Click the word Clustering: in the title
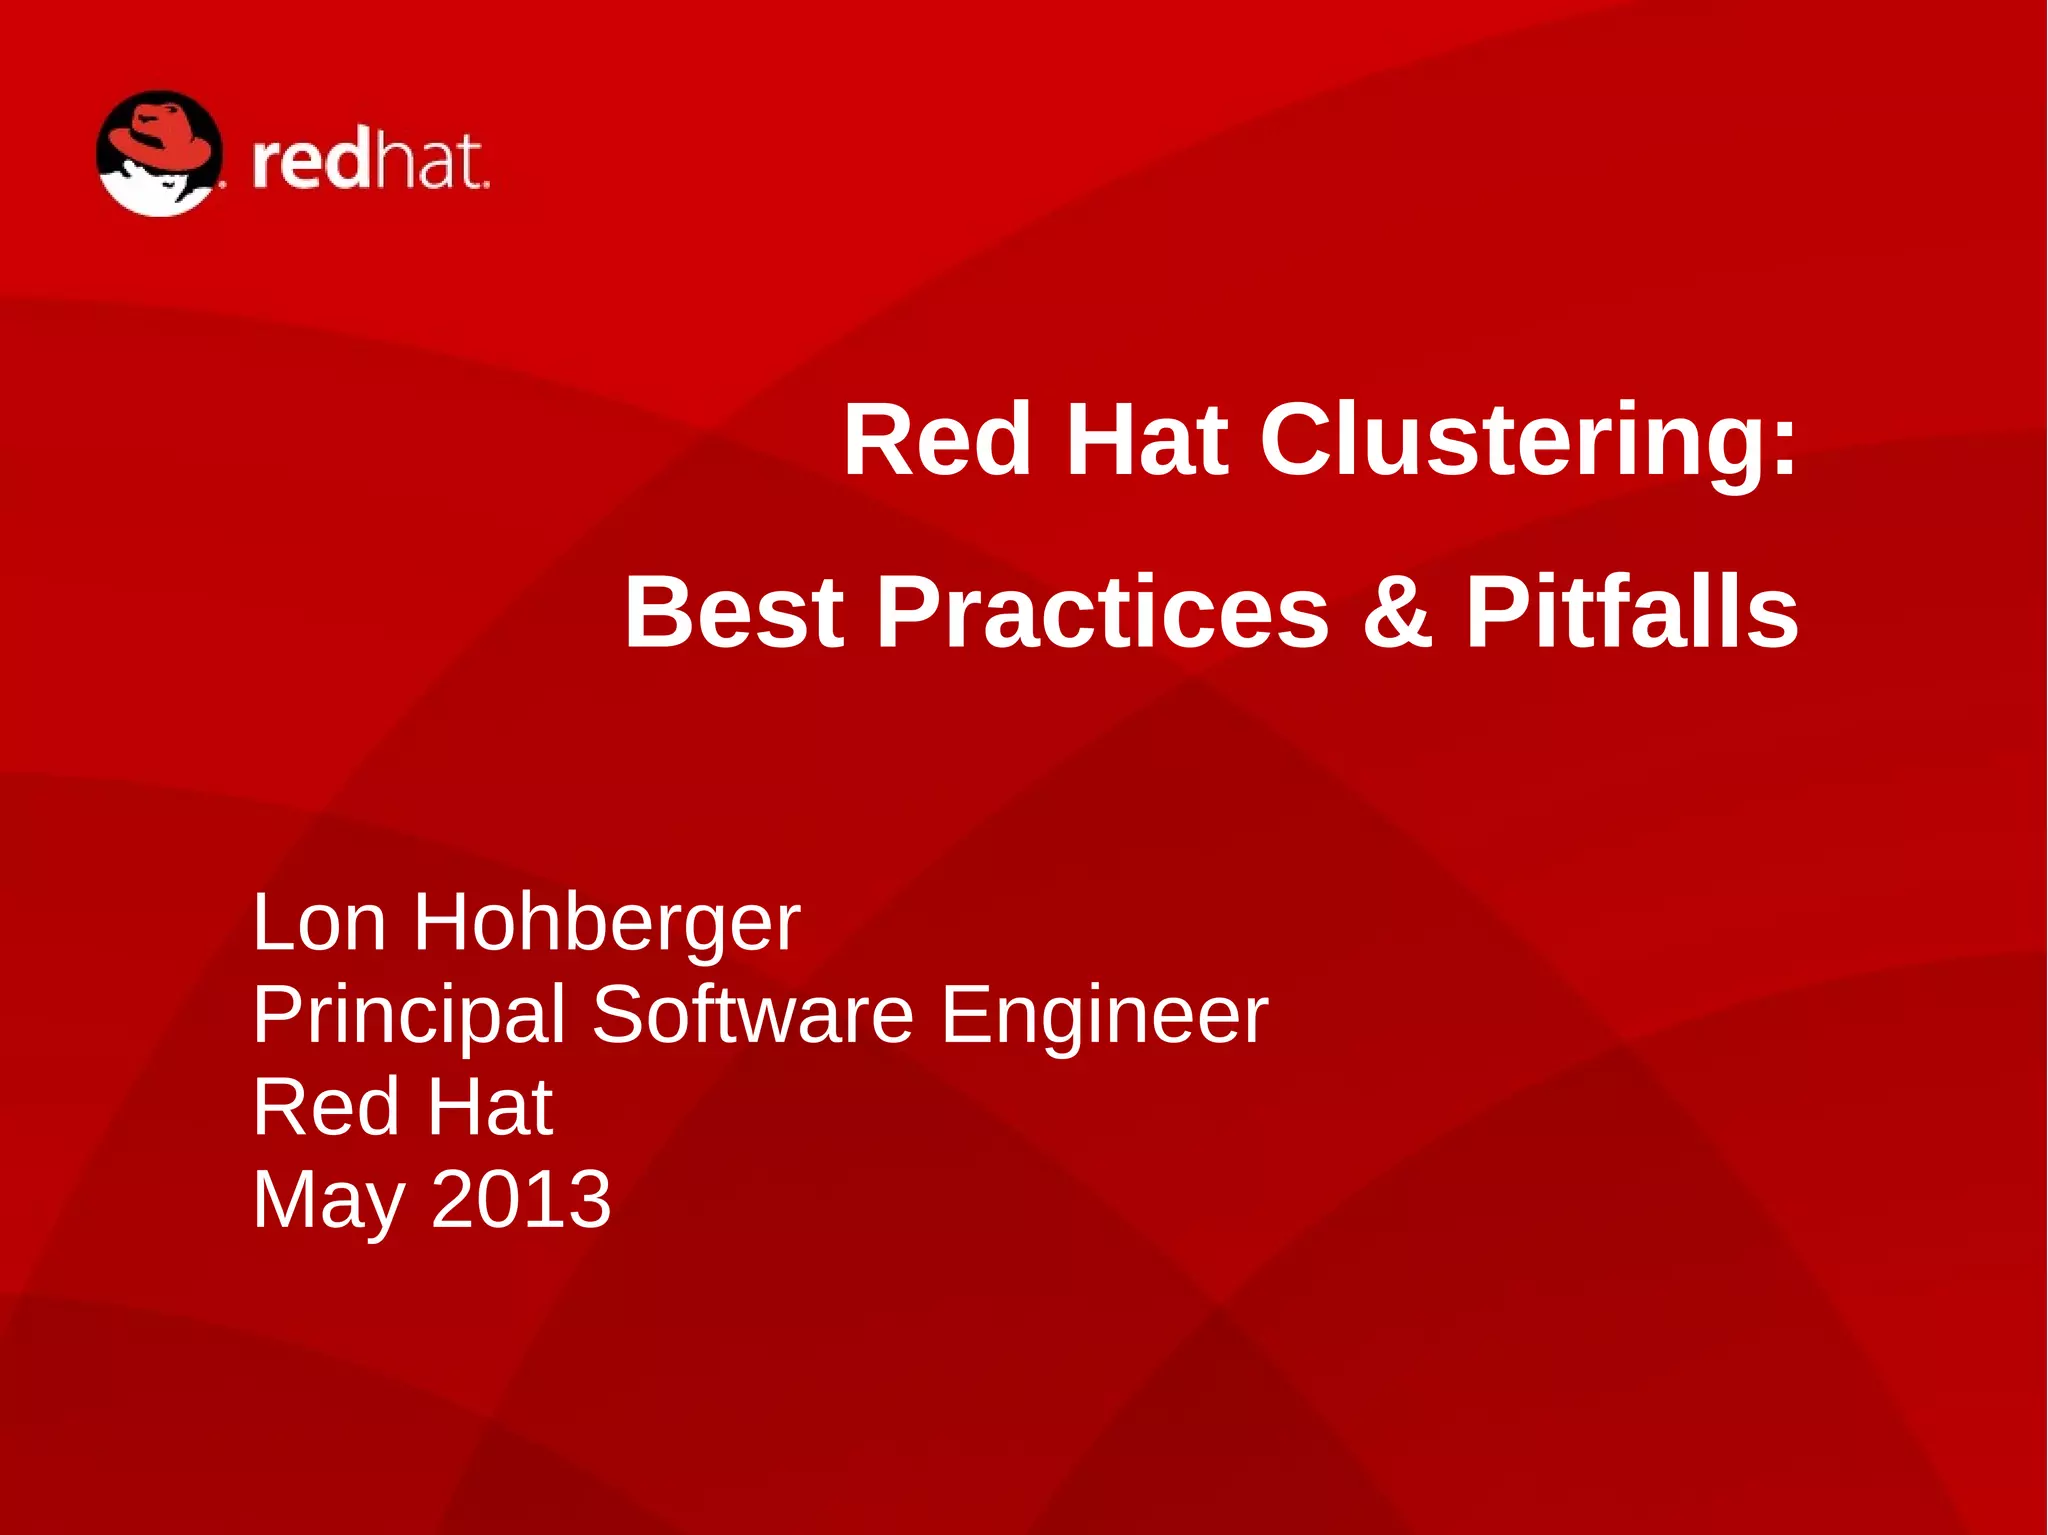click(1528, 440)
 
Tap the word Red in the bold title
click(937, 440)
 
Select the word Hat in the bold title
click(1146, 440)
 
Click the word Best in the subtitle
click(734, 612)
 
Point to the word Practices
click(1102, 612)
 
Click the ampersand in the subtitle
click(1397, 612)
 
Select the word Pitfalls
click(1631, 612)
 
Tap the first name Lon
click(319, 922)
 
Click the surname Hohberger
click(607, 922)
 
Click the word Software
click(752, 1014)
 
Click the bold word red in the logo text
click(311, 162)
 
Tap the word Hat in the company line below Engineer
click(490, 1107)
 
